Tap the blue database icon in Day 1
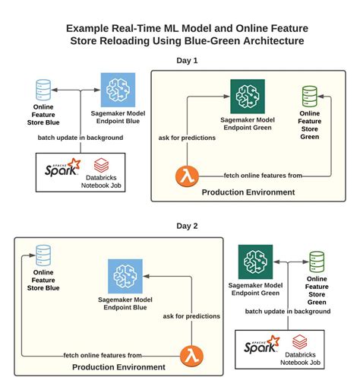(44, 90)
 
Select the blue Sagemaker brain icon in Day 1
(118, 90)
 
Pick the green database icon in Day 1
(309, 98)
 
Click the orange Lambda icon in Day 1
(185, 176)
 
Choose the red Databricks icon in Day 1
(101, 164)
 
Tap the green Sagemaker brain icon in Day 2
(255, 261)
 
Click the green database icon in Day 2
(317, 262)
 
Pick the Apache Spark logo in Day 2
(261, 347)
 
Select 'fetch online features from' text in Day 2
(103, 355)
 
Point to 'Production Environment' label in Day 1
(248, 192)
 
